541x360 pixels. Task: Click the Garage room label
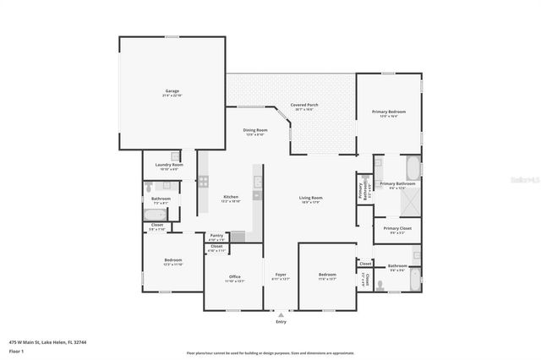tap(172, 90)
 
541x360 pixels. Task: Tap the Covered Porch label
tap(303, 105)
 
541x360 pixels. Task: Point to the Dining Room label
tap(255, 130)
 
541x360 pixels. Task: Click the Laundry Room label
tap(169, 165)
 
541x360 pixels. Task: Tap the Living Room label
tap(311, 198)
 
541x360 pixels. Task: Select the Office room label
tap(234, 276)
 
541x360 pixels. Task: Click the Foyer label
tap(281, 276)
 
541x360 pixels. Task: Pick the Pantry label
tap(217, 237)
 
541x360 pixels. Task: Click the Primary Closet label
tap(396, 228)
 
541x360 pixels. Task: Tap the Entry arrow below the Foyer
tap(281, 313)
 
